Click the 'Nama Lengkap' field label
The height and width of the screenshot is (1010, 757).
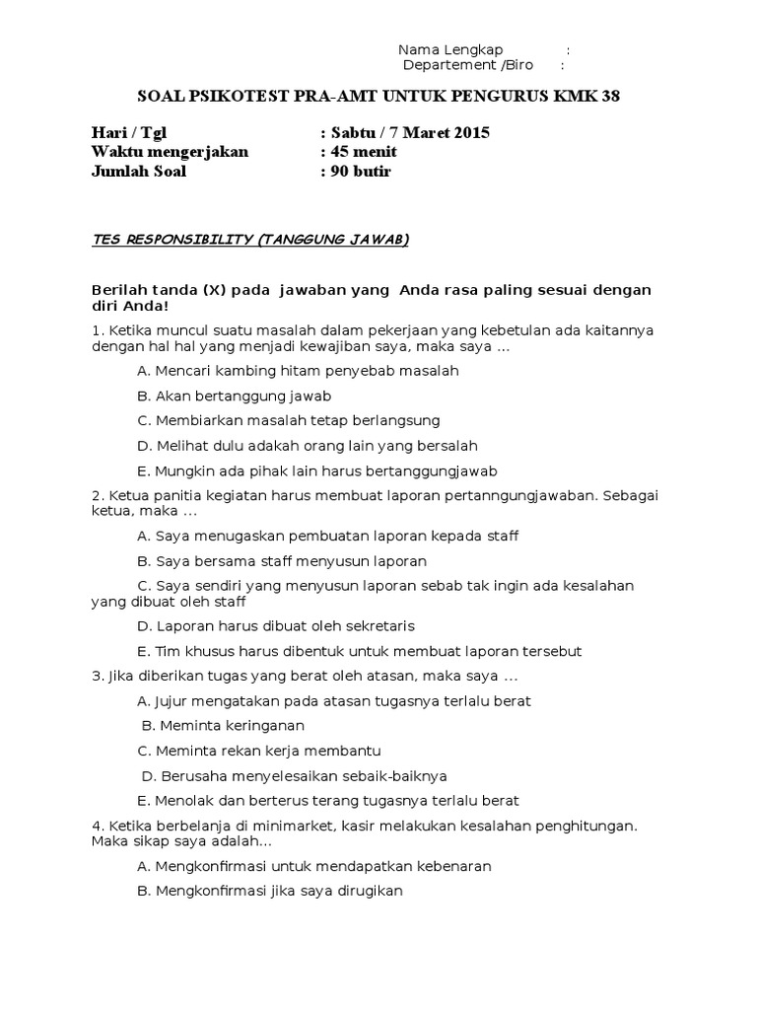pos(450,50)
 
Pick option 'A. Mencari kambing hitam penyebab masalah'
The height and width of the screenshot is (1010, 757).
pos(299,371)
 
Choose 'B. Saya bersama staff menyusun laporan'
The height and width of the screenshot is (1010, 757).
pos(282,561)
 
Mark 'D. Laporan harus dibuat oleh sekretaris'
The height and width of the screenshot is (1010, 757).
pos(277,625)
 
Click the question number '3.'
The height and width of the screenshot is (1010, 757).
pos(97,677)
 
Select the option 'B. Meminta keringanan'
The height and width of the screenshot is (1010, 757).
pos(224,726)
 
